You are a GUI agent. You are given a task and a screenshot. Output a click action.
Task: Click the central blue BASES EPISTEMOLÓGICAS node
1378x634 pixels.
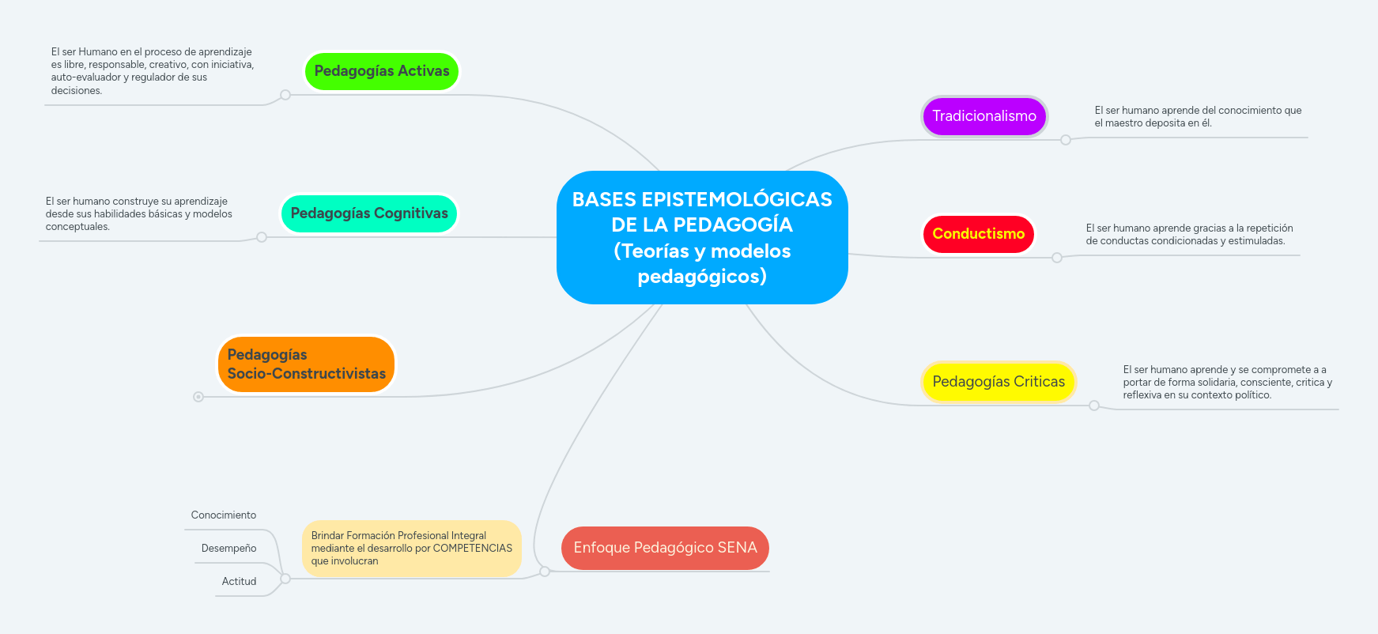(x=702, y=237)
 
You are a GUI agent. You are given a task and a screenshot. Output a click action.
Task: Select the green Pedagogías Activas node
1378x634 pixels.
(x=381, y=71)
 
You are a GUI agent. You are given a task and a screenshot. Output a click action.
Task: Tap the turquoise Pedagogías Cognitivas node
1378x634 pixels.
(x=369, y=213)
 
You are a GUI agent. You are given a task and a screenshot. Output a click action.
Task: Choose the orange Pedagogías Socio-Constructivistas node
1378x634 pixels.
(x=306, y=364)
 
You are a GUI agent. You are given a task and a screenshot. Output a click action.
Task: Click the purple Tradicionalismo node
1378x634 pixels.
(x=984, y=116)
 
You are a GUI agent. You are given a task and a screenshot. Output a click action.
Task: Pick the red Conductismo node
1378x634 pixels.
(x=978, y=234)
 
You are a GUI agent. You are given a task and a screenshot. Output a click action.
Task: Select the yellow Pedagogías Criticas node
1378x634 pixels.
(x=999, y=382)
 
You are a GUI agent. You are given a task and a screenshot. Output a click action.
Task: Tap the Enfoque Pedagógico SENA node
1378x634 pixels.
(x=665, y=548)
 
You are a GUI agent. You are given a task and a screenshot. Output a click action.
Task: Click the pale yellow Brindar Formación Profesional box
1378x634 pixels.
(x=411, y=548)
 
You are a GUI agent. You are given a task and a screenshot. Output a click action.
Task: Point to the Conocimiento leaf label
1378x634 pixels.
(x=224, y=515)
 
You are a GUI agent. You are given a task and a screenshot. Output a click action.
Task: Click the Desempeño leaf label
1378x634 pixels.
(x=228, y=549)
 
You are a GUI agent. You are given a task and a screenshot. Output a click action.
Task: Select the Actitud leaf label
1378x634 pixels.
(x=239, y=582)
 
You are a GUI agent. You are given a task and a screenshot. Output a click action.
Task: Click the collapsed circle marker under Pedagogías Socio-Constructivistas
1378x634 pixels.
(x=198, y=397)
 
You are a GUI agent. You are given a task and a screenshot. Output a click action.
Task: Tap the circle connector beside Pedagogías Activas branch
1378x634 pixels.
(x=285, y=95)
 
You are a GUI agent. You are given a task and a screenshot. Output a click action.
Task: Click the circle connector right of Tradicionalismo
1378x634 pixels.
(x=1066, y=140)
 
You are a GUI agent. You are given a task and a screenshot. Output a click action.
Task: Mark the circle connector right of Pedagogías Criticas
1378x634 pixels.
(x=1094, y=406)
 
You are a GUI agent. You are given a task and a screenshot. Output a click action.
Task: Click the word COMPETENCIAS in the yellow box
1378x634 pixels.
(x=472, y=548)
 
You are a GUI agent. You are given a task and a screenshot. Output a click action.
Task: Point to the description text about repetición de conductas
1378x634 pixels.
(x=1189, y=235)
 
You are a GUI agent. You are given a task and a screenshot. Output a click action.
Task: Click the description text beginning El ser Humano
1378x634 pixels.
(x=152, y=71)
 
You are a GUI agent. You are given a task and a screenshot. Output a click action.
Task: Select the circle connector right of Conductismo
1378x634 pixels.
(x=1057, y=258)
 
